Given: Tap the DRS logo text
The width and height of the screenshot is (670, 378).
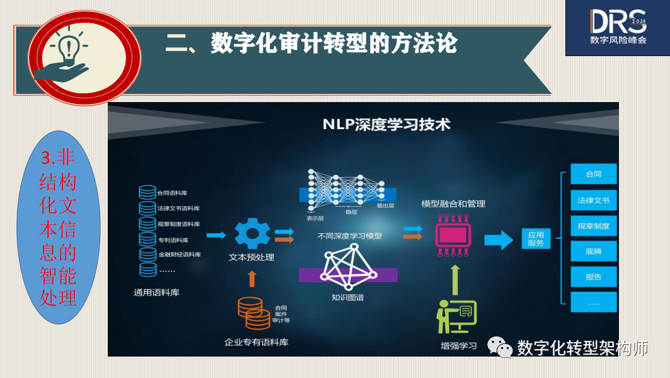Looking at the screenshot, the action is coord(618,21).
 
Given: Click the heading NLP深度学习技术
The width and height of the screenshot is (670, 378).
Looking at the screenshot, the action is coord(386,124).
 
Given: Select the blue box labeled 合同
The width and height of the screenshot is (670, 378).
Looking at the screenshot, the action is coord(593,175).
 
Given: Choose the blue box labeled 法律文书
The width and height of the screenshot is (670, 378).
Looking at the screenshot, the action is coord(593,200).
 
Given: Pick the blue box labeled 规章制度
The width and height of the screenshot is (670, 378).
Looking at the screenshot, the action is coord(593,226).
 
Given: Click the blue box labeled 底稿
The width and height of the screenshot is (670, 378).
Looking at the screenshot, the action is coord(593,251).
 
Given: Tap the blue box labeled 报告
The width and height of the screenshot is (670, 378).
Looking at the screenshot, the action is coord(593,277).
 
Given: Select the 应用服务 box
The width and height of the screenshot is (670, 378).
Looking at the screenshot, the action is coord(536,239).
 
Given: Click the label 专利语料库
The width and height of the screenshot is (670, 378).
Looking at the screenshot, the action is coord(173,239).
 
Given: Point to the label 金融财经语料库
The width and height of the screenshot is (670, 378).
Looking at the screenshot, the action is coord(179,255).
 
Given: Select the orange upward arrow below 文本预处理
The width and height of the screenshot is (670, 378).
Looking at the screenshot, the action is coord(252,278).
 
